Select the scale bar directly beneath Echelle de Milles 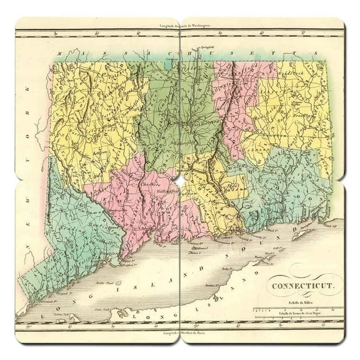pos(294,308)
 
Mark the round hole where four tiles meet pos(180,180)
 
